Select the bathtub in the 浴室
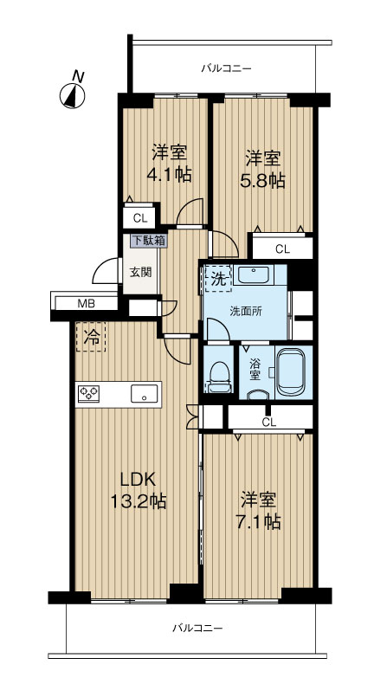290,372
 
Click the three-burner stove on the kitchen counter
88,394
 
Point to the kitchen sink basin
144,394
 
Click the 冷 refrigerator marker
92,338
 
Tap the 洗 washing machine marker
218,278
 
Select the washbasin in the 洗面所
253,274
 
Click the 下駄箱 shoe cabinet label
148,241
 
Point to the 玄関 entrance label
140,272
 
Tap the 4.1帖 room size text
169,175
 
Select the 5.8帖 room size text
263,180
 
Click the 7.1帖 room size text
258,521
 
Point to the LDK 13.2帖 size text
139,491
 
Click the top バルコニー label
226,68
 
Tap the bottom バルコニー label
197,628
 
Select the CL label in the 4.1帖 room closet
140,218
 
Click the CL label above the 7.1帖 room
268,423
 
